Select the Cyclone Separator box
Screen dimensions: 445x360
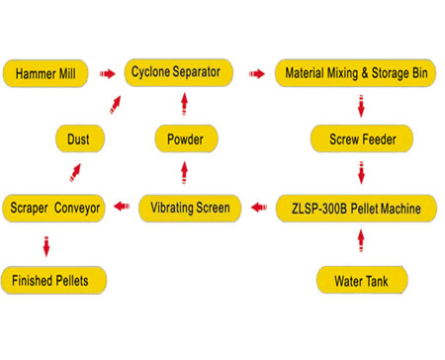(179, 72)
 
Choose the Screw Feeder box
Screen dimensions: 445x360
(361, 139)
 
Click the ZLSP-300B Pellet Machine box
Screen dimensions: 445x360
(361, 208)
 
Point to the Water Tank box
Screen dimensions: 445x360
(361, 279)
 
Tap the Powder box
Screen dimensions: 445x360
(184, 139)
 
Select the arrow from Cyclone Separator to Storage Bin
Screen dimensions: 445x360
(256, 72)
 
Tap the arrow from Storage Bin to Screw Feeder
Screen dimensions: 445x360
(362, 106)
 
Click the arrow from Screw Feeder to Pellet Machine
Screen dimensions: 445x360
(362, 173)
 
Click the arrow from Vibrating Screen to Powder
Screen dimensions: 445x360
(184, 173)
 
